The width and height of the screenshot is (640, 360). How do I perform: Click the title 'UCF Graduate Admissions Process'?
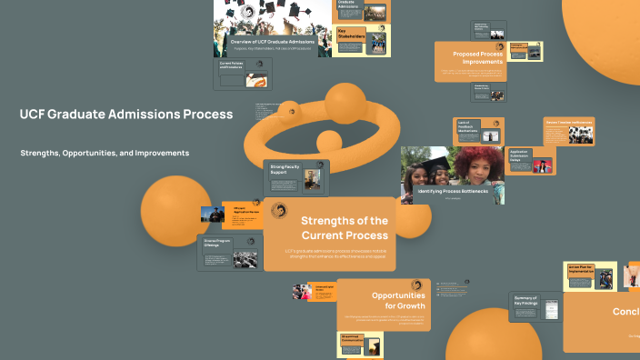coord(125,115)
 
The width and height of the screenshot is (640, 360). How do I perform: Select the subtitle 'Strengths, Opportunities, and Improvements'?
coord(105,153)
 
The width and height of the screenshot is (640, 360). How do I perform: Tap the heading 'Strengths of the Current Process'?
coord(345,228)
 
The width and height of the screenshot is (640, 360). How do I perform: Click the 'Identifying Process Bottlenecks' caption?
coord(452,192)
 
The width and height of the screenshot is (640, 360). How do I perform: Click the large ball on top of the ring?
coord(345,103)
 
